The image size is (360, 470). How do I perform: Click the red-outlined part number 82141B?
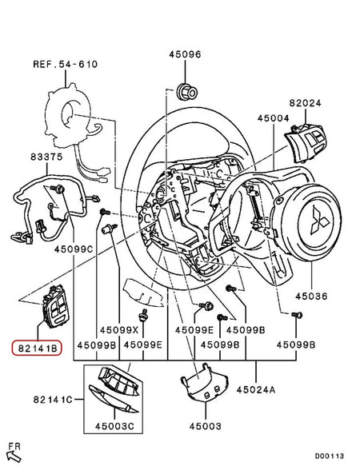(x=39, y=349)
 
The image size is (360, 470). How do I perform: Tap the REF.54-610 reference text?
(x=63, y=63)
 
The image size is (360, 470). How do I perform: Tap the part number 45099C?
(x=95, y=249)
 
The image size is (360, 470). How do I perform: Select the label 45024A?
(x=255, y=389)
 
